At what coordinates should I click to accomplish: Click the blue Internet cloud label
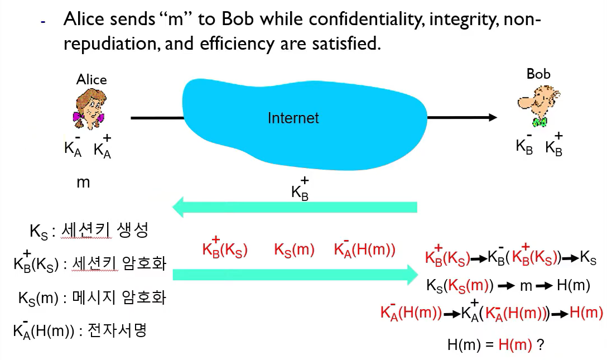[293, 118]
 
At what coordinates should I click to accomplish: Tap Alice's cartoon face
[90, 109]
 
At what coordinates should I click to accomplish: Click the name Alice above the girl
[91, 79]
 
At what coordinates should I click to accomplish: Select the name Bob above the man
[538, 74]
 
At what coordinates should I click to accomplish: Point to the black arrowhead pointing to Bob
[493, 117]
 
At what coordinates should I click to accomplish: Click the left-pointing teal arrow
[295, 207]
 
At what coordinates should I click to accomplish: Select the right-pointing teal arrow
[295, 275]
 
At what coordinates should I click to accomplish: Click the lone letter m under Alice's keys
[83, 183]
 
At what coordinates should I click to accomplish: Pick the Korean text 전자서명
[117, 330]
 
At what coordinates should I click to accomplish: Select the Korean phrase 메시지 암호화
[119, 297]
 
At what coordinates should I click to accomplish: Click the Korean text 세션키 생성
[105, 230]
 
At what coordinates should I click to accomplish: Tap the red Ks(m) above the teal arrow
[294, 249]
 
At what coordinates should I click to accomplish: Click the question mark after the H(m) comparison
[541, 344]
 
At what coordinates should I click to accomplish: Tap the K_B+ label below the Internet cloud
[300, 189]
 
